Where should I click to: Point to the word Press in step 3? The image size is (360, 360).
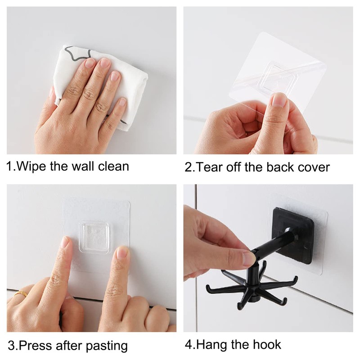(38, 346)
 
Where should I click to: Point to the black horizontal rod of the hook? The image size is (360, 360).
(270, 252)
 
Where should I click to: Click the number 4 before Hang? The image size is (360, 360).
(188, 345)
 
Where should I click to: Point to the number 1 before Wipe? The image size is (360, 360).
(9, 166)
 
